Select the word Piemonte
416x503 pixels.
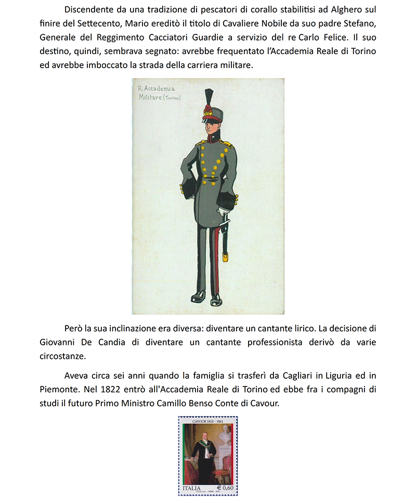click(59, 390)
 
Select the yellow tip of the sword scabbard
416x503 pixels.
click(225, 256)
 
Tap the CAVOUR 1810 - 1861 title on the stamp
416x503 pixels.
click(208, 421)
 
